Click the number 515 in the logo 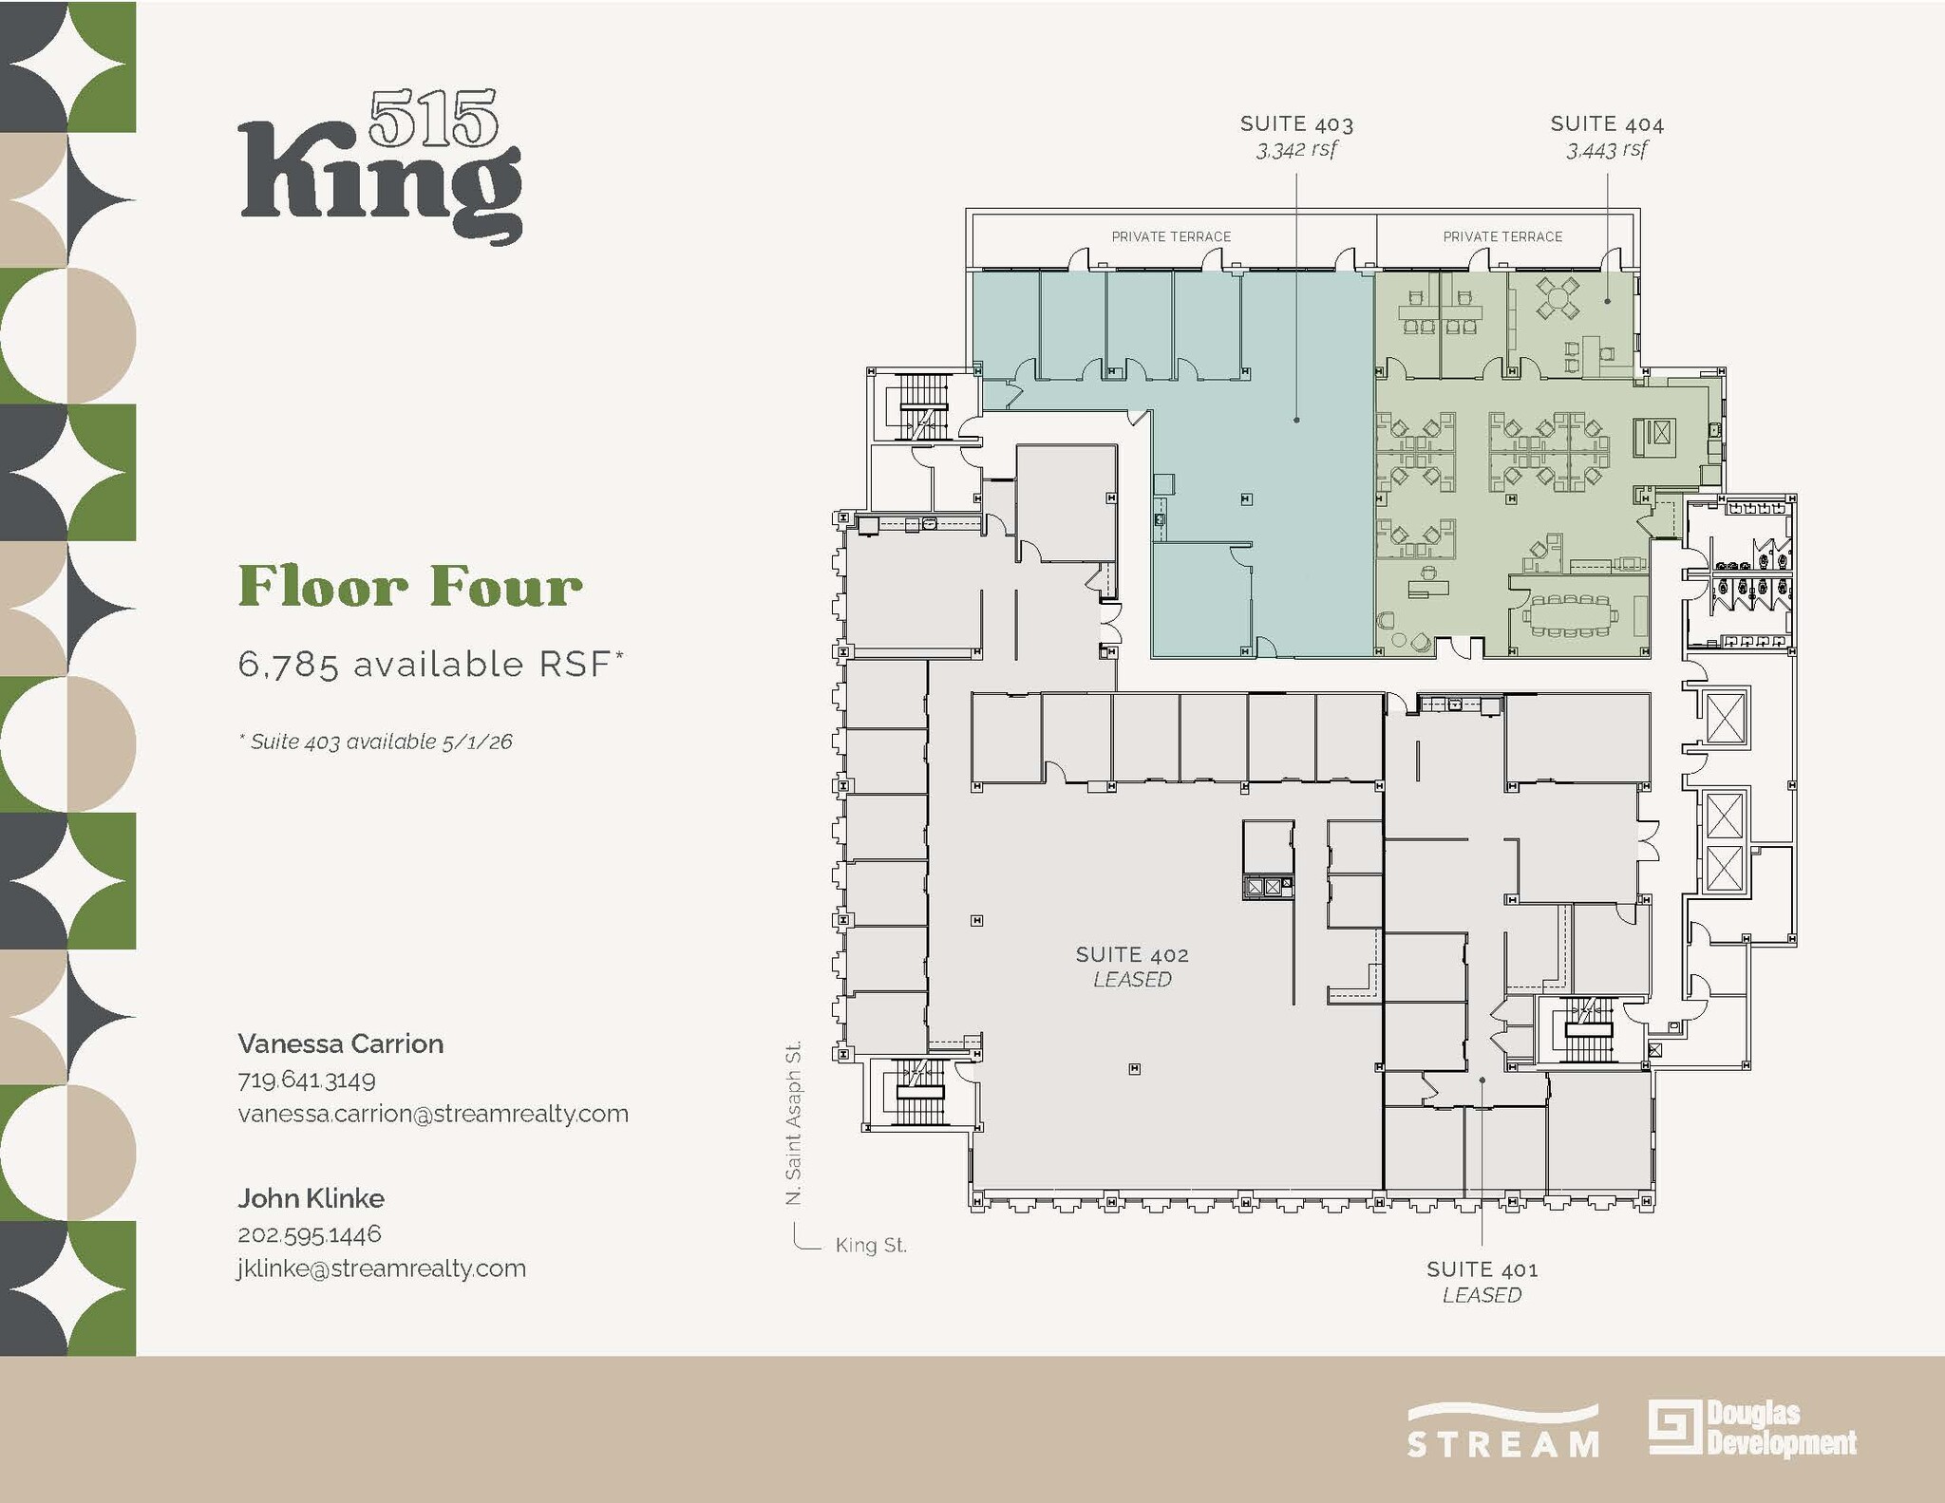coord(433,120)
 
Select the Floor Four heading coord(409,586)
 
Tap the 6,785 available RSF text coord(429,665)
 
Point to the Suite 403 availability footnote coord(375,742)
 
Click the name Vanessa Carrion coord(340,1043)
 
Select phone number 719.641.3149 coord(306,1080)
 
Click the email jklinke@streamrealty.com coord(381,1268)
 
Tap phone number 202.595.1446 coord(309,1233)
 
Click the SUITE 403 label coord(1296,124)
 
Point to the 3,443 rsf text coord(1607,149)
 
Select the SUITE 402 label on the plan coord(1131,954)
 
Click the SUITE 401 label coord(1482,1268)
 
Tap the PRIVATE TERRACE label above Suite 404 coord(1502,236)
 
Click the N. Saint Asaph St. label coord(794,1123)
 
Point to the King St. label coord(871,1245)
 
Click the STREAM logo coord(1502,1432)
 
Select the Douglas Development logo coord(1752,1427)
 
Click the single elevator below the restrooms coord(1726,718)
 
